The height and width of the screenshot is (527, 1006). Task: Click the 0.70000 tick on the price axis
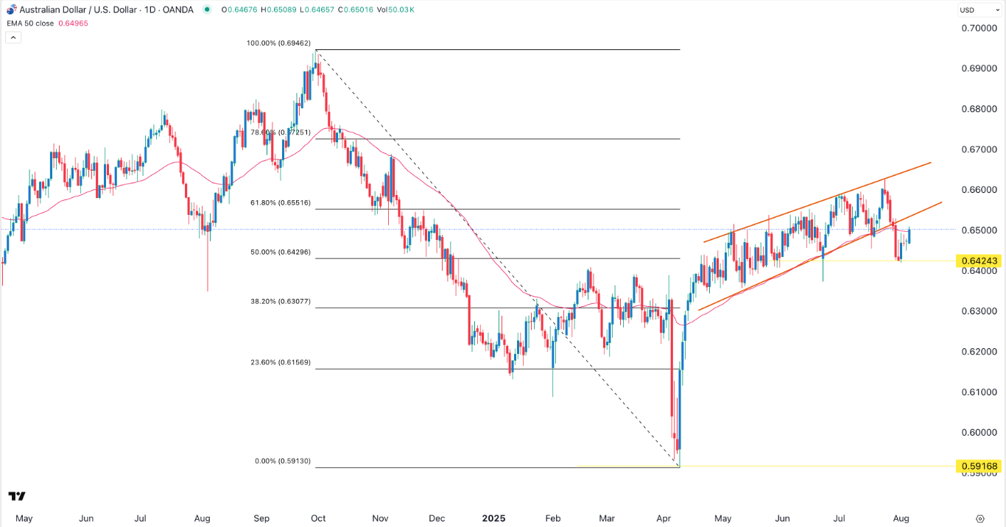(978, 28)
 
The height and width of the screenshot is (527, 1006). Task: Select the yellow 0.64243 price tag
(978, 261)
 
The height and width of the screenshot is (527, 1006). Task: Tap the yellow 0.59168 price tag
(978, 466)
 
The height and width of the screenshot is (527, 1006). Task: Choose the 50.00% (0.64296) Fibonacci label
(281, 252)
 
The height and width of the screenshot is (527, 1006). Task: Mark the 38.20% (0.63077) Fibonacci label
(281, 301)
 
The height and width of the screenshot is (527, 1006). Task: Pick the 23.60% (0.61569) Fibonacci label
(281, 362)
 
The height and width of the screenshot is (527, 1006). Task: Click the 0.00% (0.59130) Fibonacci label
(283, 461)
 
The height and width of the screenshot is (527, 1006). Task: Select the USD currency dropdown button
(966, 10)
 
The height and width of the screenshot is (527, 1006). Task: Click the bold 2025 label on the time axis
(493, 518)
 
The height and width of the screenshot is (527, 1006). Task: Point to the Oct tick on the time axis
(318, 518)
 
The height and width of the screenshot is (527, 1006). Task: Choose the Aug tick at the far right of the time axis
(901, 518)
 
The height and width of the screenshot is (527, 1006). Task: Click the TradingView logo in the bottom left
(17, 496)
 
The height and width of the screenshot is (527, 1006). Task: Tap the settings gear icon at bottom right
(980, 518)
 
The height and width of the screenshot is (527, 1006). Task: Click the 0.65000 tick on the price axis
(978, 230)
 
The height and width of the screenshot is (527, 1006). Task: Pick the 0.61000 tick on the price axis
(978, 392)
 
